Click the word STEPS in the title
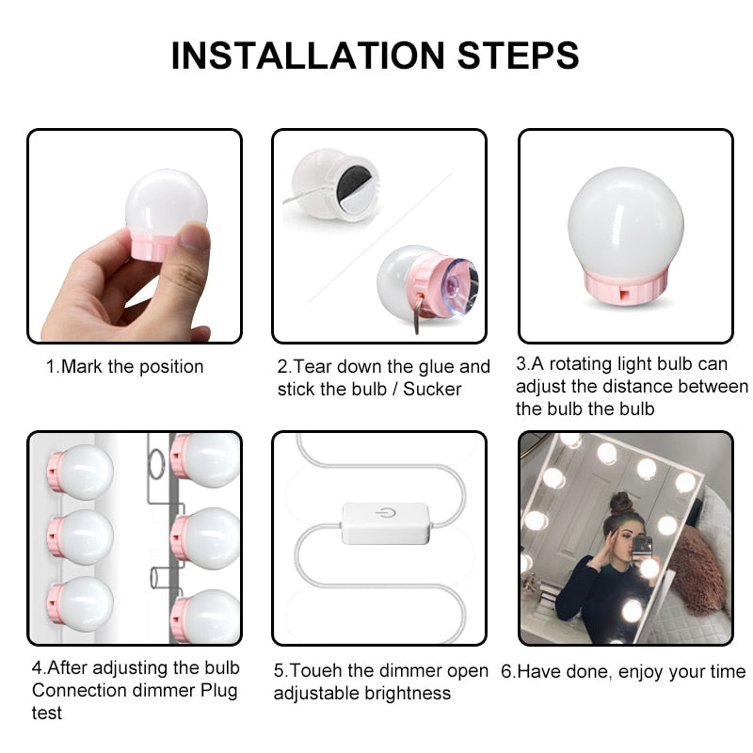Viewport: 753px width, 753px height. tap(518, 56)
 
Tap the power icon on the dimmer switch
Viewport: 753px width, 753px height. tap(384, 514)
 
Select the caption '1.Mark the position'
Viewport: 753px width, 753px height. tap(125, 367)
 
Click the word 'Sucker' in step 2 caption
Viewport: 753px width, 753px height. tap(433, 389)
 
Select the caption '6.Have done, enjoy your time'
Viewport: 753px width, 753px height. tap(623, 672)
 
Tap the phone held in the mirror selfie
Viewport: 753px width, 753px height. tap(642, 546)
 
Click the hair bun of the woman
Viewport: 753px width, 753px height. tap(620, 501)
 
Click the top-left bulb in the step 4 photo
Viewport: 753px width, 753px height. tap(82, 471)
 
